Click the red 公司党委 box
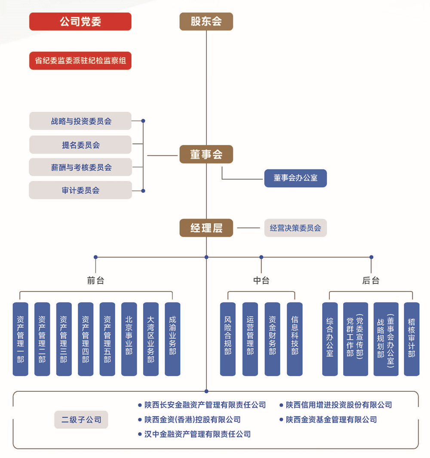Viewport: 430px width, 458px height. tap(80, 22)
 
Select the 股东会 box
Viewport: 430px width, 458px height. tap(206, 22)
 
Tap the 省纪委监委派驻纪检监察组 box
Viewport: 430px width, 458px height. tap(80, 61)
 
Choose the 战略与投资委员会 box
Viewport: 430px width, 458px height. tap(80, 121)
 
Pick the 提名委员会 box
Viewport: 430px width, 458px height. tap(80, 144)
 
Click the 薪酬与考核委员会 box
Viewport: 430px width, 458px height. tap(80, 167)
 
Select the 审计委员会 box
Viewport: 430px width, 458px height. tap(80, 190)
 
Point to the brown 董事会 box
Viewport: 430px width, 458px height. tap(206, 154)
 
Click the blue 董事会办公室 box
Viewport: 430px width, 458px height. tap(295, 178)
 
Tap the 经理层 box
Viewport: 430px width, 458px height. tap(206, 228)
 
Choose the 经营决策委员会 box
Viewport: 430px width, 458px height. tap(295, 228)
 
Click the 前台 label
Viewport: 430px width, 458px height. tap(95, 280)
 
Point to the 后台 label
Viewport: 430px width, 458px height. tap(371, 280)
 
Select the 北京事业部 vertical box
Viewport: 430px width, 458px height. tap(129, 339)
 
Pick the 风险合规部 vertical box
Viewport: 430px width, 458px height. tap(228, 339)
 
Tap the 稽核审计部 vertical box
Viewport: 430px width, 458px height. tap(412, 339)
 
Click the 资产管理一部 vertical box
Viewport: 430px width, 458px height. tap(20, 339)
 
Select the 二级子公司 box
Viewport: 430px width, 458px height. tap(81, 419)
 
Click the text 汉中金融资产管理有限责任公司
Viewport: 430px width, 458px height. tap(197, 434)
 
